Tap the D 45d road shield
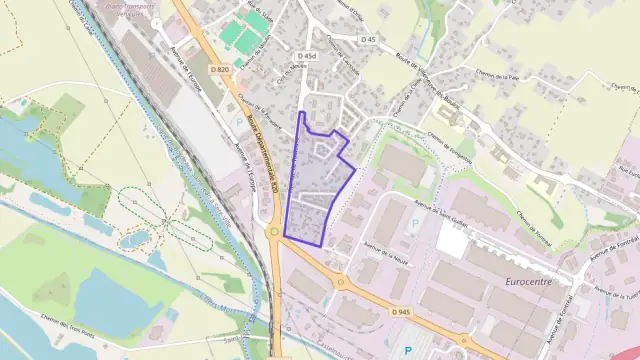click(x=308, y=56)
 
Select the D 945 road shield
click(x=401, y=312)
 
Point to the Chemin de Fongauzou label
click(x=449, y=145)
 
